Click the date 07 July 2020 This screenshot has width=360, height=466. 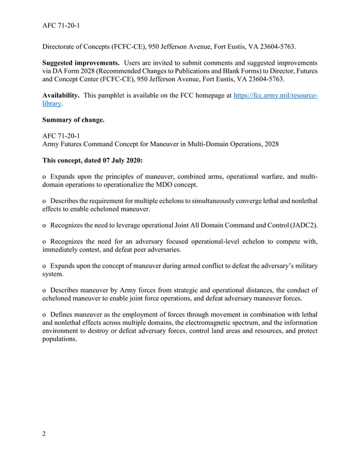coord(119,160)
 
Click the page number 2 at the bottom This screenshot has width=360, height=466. coord(44,434)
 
